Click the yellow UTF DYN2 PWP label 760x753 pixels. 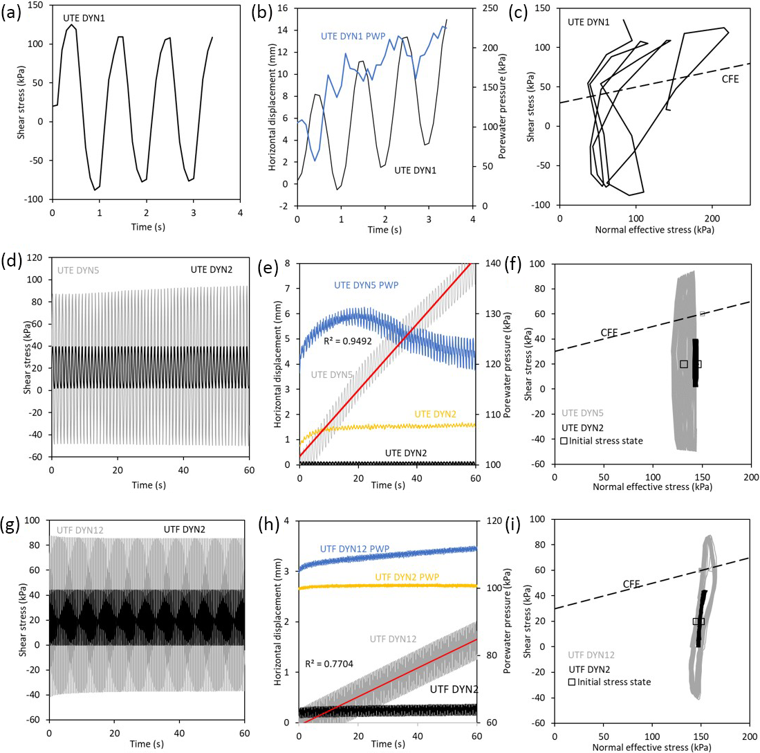click(x=411, y=577)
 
